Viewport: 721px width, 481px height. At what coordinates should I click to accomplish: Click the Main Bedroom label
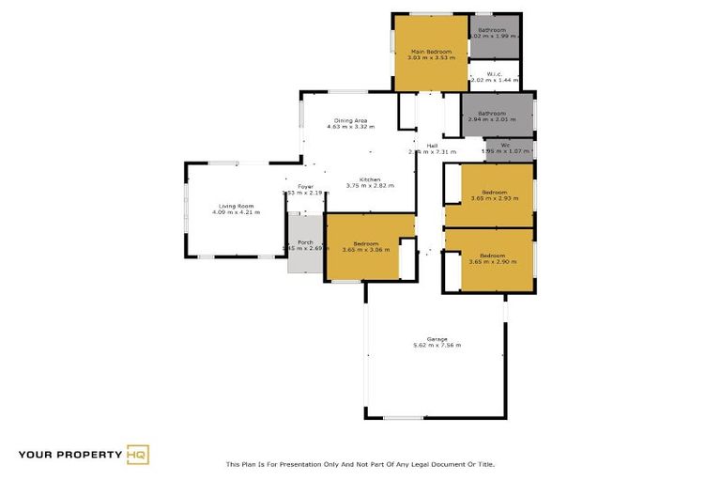tap(431, 51)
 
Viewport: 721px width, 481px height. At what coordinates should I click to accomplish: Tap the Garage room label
tap(437, 338)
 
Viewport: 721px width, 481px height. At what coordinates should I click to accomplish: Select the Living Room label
tap(238, 206)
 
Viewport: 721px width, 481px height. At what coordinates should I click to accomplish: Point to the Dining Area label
tap(351, 121)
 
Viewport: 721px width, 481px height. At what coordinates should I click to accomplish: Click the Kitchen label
tap(370, 179)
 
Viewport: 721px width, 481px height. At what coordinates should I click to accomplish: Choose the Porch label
tap(305, 242)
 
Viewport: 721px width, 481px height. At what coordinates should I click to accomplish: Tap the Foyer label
tap(306, 187)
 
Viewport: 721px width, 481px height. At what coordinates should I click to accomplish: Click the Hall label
tap(432, 146)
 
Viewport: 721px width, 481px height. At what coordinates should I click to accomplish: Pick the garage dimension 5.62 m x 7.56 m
tap(437, 346)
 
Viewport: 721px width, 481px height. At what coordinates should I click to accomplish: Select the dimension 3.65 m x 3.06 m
tap(365, 250)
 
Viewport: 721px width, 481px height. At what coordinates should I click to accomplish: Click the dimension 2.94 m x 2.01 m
tap(492, 120)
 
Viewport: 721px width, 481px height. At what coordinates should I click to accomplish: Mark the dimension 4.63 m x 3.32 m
tap(351, 128)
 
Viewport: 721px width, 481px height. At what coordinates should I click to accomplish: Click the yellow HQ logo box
tap(138, 455)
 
